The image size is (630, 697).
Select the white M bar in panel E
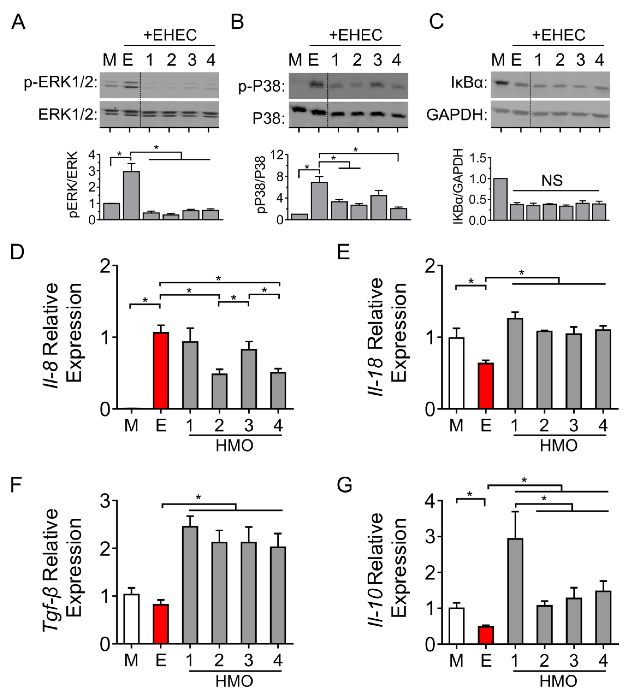click(456, 373)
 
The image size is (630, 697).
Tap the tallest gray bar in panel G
click(515, 591)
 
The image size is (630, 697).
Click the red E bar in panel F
click(161, 624)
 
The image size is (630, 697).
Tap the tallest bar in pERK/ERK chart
click(131, 195)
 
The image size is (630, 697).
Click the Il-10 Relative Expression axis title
click(387, 570)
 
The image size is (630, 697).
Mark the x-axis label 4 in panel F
click(278, 661)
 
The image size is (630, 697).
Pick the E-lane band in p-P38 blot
click(313, 85)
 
